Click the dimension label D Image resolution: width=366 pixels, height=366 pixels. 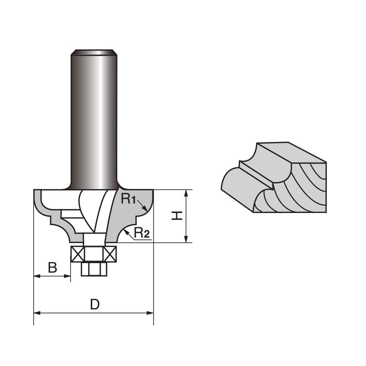pos(95,304)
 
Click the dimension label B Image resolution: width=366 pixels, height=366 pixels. pos(53,268)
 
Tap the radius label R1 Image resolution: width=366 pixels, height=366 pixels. pos(128,199)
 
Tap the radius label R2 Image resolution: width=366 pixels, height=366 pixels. pos(142,233)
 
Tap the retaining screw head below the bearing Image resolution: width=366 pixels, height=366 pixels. pos(94,269)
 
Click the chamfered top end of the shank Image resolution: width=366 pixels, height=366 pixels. pos(94,52)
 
